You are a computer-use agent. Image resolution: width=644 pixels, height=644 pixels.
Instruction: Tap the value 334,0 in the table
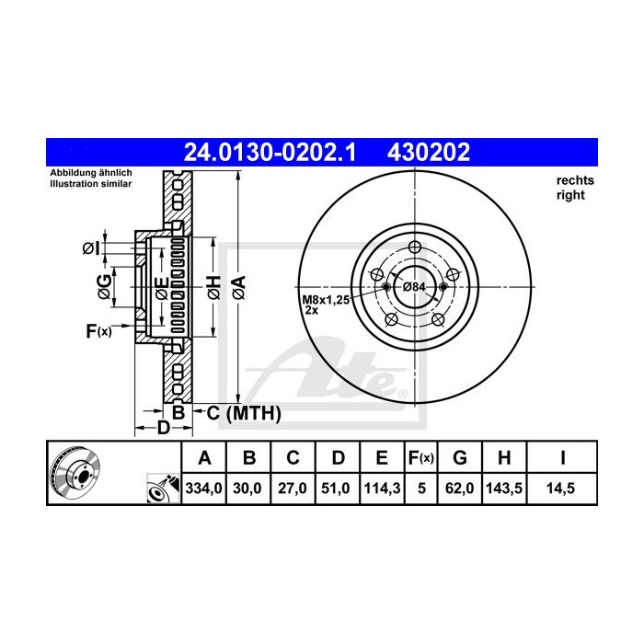[x=204, y=489]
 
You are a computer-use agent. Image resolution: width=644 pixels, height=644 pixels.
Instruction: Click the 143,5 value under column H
[x=507, y=489]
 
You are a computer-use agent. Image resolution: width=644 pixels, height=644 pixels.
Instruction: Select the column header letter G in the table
[x=461, y=457]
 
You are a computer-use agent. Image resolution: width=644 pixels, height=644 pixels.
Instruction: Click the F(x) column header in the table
[x=421, y=457]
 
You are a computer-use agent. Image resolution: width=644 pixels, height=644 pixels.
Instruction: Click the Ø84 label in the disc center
[x=416, y=287]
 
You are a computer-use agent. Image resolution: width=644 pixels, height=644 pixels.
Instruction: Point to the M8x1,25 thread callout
[x=327, y=300]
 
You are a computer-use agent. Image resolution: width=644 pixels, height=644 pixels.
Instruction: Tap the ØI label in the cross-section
[x=90, y=248]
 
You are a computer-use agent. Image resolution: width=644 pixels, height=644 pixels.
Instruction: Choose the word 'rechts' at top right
[x=575, y=180]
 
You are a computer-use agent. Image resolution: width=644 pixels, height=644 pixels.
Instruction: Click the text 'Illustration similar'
[x=91, y=184]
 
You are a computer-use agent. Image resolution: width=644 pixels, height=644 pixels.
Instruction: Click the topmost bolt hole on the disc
[x=414, y=247]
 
